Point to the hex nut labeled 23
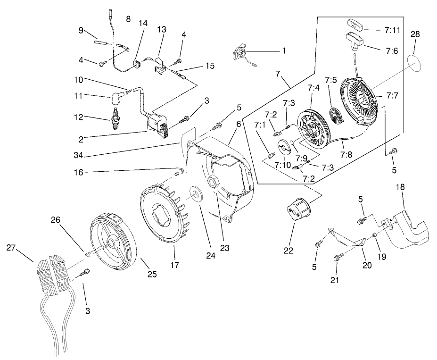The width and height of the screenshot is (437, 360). [213, 181]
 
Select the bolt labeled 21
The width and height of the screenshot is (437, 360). [338, 258]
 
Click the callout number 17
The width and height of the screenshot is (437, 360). [174, 265]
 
